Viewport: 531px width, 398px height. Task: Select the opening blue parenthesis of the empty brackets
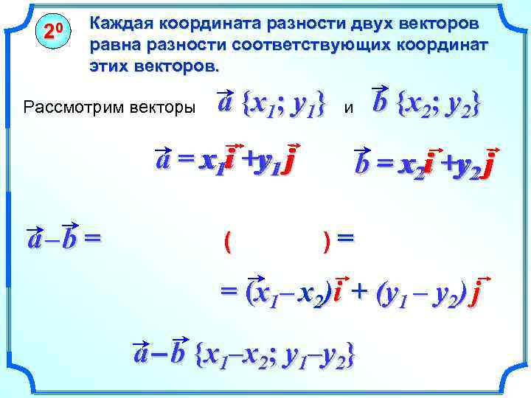pyautogui.click(x=227, y=240)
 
